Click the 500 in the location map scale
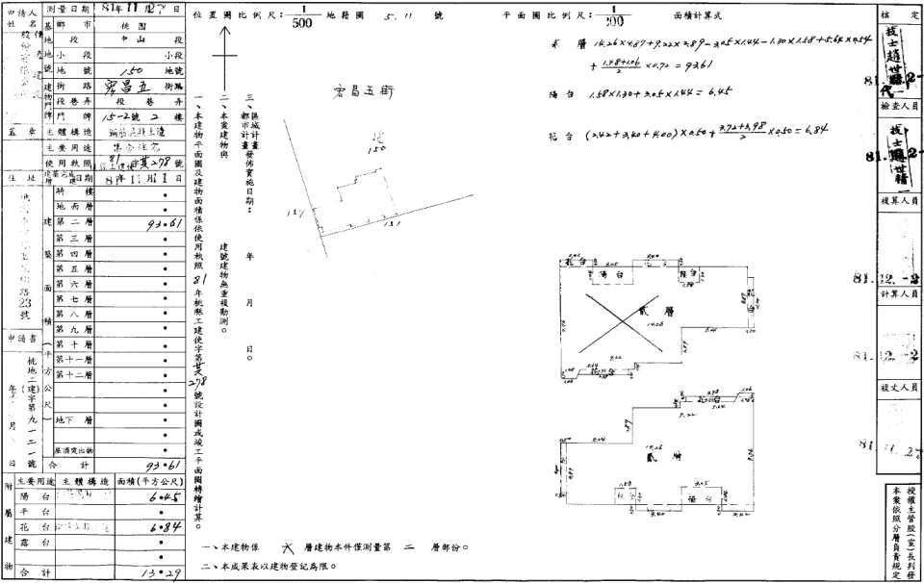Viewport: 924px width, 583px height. click(x=301, y=24)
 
